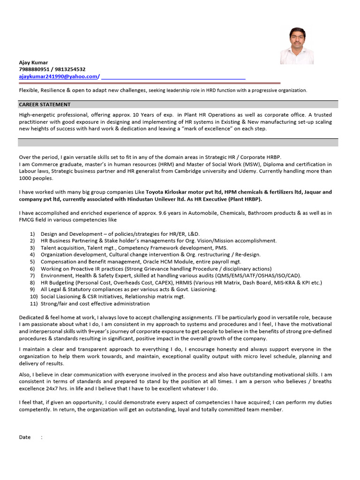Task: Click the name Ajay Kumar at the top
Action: (x=33, y=62)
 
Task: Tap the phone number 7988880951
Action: (x=34, y=69)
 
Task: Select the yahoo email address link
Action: (x=59, y=76)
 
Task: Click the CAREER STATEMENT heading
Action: (x=45, y=105)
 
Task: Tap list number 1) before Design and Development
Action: (x=32, y=233)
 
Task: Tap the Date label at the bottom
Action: (x=25, y=437)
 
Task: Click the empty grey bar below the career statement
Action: (x=178, y=142)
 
